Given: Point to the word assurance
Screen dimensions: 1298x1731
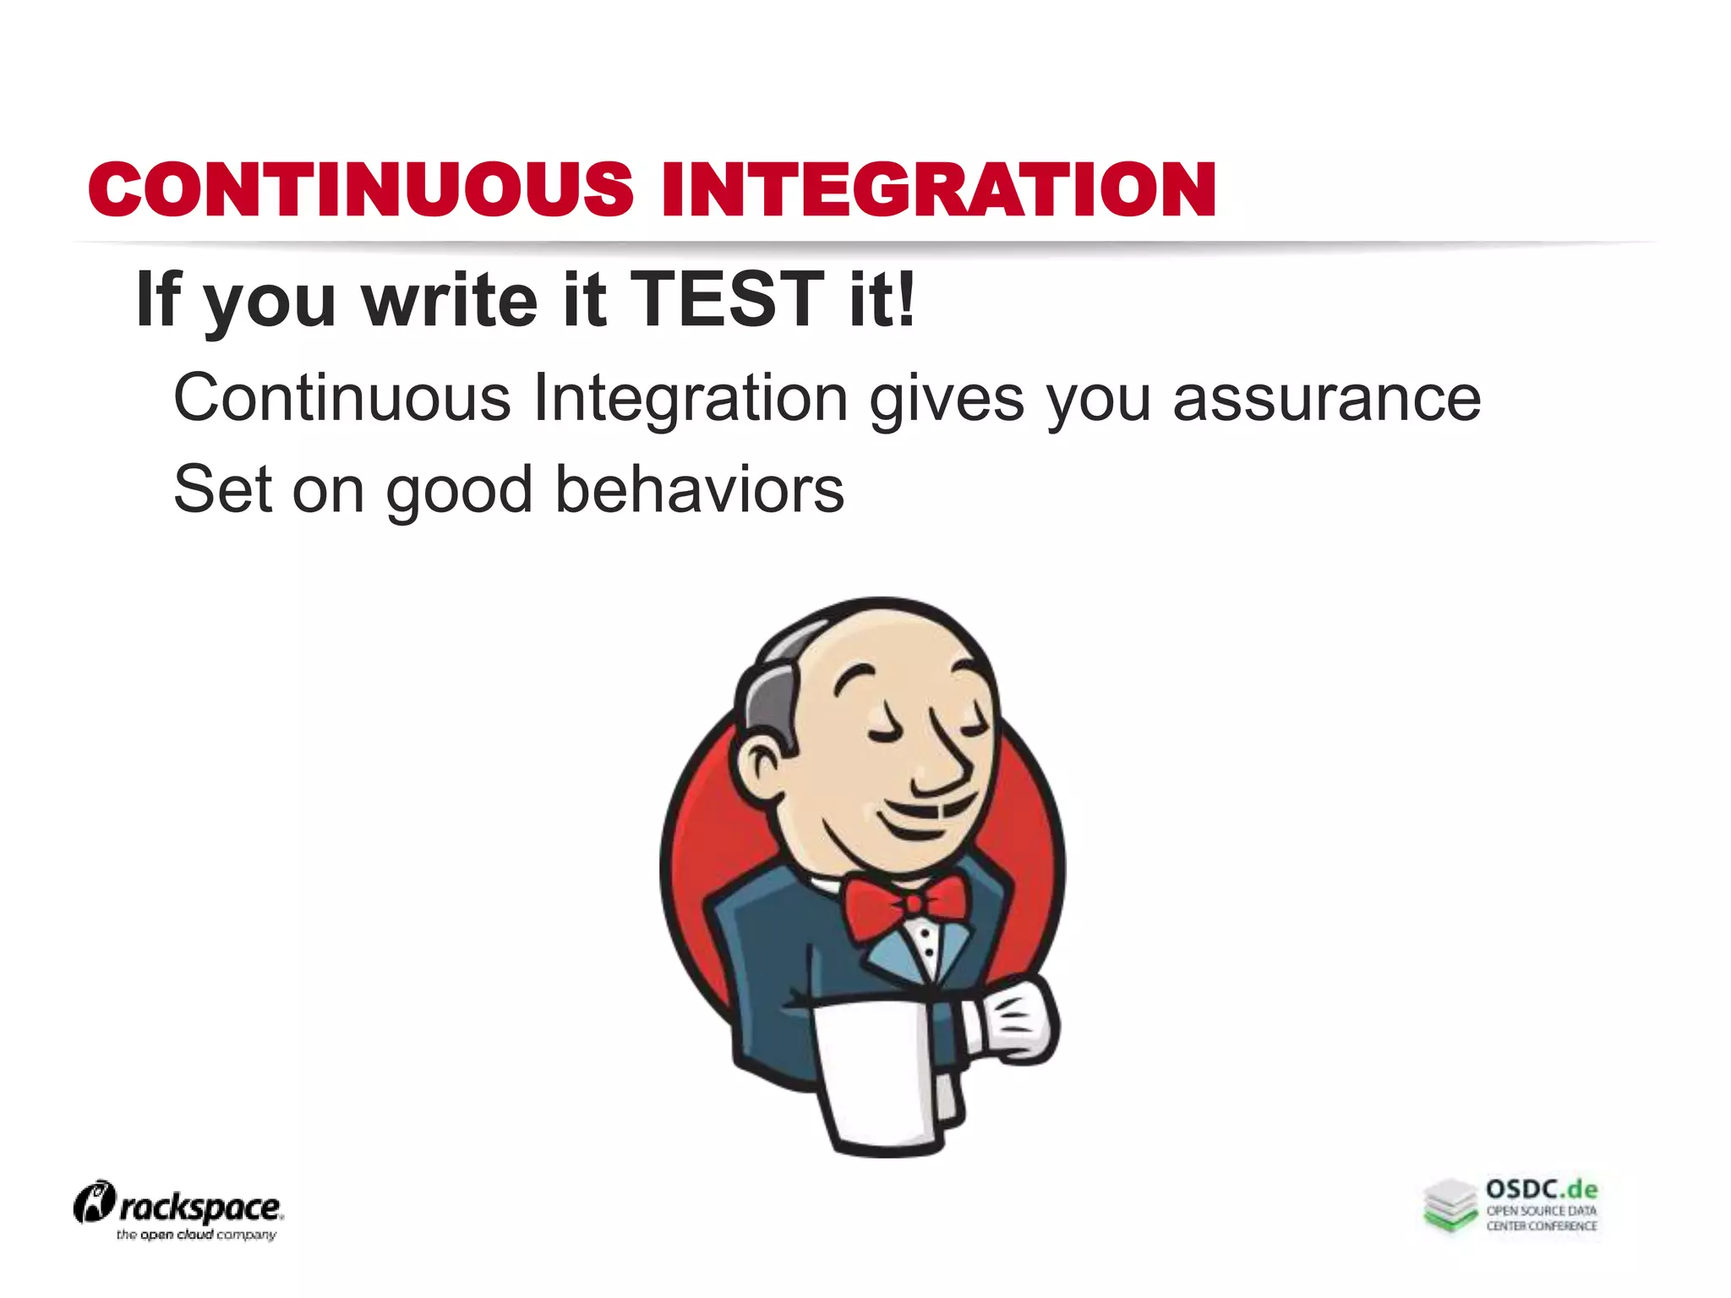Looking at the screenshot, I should coord(1326,397).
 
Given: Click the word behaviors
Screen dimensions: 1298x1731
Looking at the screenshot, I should coord(699,489).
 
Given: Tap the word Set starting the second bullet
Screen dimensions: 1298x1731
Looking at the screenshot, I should coord(222,489).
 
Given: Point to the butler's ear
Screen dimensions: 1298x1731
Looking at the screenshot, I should coord(764,766).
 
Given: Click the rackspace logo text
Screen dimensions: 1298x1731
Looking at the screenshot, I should coord(199,1208).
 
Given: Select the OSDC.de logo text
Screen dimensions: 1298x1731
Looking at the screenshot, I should coord(1541,1190).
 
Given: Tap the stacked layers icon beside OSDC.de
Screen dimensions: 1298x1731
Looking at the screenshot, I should coord(1450,1205).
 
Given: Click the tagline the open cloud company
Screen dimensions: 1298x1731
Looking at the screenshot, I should coord(196,1235).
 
